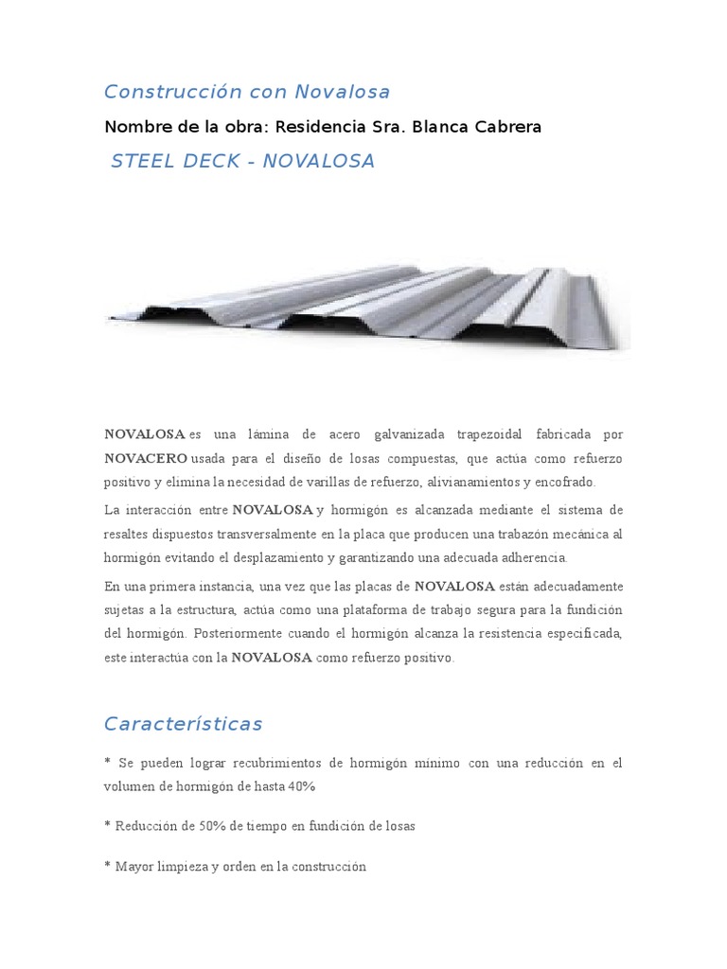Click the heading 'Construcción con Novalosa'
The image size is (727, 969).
click(247, 92)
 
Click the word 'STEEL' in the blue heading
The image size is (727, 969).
click(142, 161)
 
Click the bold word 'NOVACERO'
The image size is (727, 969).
click(146, 458)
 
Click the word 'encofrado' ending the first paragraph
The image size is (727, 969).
click(562, 482)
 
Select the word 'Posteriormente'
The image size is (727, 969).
click(231, 633)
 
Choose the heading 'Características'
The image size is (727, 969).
click(183, 724)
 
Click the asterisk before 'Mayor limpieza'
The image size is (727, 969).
click(107, 866)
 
